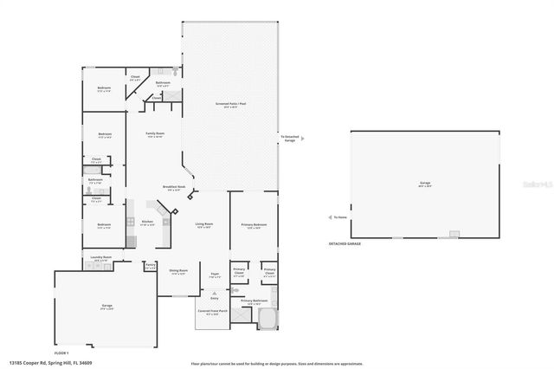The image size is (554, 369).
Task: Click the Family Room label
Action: point(156,134)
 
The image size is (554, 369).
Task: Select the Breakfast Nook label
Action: point(171,188)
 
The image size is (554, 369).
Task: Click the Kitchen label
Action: point(147,222)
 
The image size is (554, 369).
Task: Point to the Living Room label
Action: point(204,225)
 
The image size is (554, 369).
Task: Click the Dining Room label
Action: point(178,271)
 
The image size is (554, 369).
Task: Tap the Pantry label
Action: point(150,265)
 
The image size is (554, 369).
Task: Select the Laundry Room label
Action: point(100,258)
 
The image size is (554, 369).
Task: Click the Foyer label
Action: point(213,276)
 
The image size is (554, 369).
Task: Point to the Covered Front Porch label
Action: point(212,312)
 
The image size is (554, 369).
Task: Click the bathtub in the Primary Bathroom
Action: point(266,320)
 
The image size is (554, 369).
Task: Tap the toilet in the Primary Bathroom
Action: point(235,291)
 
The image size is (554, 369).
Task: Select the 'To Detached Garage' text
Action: point(289,138)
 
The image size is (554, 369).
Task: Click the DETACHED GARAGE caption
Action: point(345,244)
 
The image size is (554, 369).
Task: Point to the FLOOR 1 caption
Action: point(61,353)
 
